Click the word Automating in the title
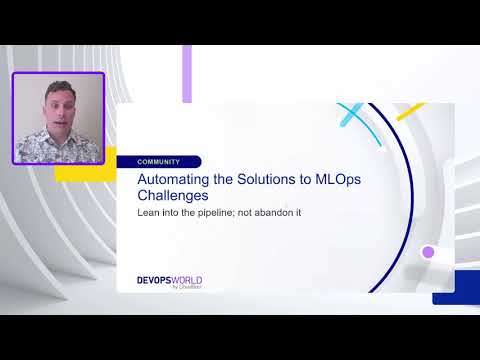tap(173, 178)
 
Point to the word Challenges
tap(176, 196)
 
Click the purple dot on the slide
tap(428, 252)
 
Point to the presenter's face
tap(55, 107)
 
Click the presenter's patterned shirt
tap(58, 145)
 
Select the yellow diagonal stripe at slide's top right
tap(410, 111)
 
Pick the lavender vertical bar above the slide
tap(187, 73)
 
